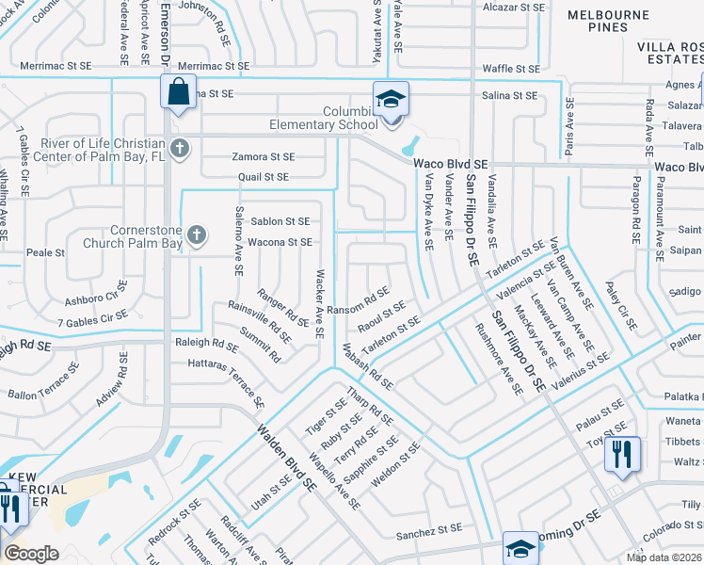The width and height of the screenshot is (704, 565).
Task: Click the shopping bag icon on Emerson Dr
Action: point(177,92)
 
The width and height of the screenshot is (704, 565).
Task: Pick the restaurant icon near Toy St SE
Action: point(622,453)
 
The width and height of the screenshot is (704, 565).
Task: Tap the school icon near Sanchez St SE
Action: point(520,547)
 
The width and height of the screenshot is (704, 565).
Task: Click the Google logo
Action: point(31,554)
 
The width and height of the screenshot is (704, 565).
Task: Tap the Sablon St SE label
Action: point(280,222)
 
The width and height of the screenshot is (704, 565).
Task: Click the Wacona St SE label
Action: point(280,243)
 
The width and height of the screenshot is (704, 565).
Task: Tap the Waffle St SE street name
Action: point(510,69)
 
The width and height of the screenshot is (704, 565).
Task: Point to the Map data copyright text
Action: point(664,557)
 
